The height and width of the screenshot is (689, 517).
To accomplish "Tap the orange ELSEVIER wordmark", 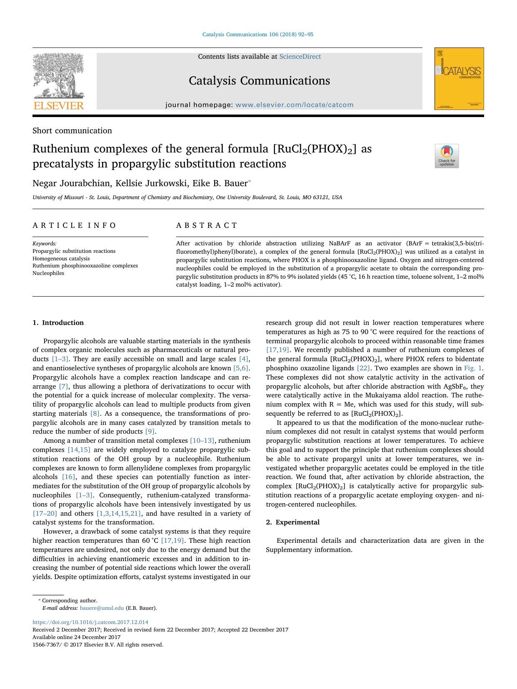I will (59, 105).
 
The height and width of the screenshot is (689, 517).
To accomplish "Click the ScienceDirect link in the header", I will (300, 57).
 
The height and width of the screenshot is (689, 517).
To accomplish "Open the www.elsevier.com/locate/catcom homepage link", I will (294, 105).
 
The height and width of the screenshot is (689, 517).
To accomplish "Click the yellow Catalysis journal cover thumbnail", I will (459, 79).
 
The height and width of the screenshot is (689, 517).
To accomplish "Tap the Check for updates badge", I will (447, 156).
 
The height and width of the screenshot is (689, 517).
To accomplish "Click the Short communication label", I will (72, 130).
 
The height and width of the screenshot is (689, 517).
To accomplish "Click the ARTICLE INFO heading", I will (75, 225).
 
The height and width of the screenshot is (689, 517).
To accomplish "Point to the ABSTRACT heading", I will (207, 225).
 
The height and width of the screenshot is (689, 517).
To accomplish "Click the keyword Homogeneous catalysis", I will (61, 258).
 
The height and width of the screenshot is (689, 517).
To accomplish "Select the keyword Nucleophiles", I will (48, 273).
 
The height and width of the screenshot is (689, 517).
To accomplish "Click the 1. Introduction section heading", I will (58, 322).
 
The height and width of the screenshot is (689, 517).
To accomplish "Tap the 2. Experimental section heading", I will (292, 522).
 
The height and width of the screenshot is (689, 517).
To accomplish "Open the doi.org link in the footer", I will (90, 622).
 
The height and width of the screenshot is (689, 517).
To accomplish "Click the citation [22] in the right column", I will (363, 368).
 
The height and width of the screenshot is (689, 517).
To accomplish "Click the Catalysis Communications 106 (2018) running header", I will (257, 35).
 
